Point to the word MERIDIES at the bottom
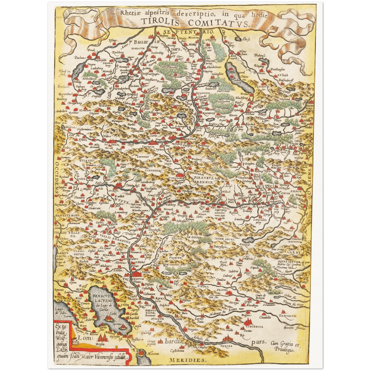click(187, 360)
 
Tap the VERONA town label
click(226, 346)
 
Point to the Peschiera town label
click(138, 339)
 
